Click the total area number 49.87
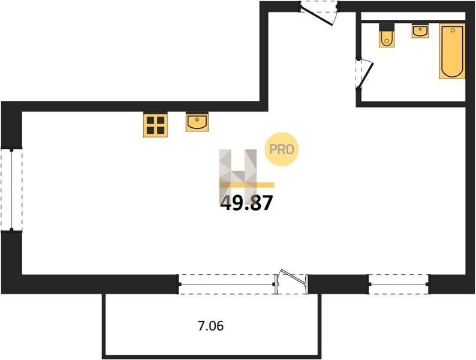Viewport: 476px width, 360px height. click(x=246, y=203)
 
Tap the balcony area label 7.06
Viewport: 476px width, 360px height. click(x=210, y=326)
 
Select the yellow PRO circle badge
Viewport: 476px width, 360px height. click(x=282, y=149)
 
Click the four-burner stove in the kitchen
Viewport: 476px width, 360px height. click(x=155, y=125)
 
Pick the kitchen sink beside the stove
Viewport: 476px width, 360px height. click(x=197, y=122)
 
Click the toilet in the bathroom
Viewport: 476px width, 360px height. click(x=387, y=35)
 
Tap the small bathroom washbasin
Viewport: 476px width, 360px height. click(x=420, y=31)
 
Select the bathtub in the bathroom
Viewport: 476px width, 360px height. click(x=452, y=51)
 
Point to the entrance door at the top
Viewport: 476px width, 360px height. click(x=319, y=13)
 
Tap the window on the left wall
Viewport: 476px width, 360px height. click(x=11, y=190)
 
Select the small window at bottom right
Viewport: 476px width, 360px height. click(x=399, y=284)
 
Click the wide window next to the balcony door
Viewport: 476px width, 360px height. click(x=227, y=284)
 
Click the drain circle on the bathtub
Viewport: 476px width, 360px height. click(x=453, y=30)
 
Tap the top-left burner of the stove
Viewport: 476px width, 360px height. click(x=150, y=120)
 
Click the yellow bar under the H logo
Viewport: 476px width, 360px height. click(x=247, y=185)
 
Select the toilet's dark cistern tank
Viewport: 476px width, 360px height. click(x=387, y=27)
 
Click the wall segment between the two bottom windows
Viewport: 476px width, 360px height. click(x=338, y=284)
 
